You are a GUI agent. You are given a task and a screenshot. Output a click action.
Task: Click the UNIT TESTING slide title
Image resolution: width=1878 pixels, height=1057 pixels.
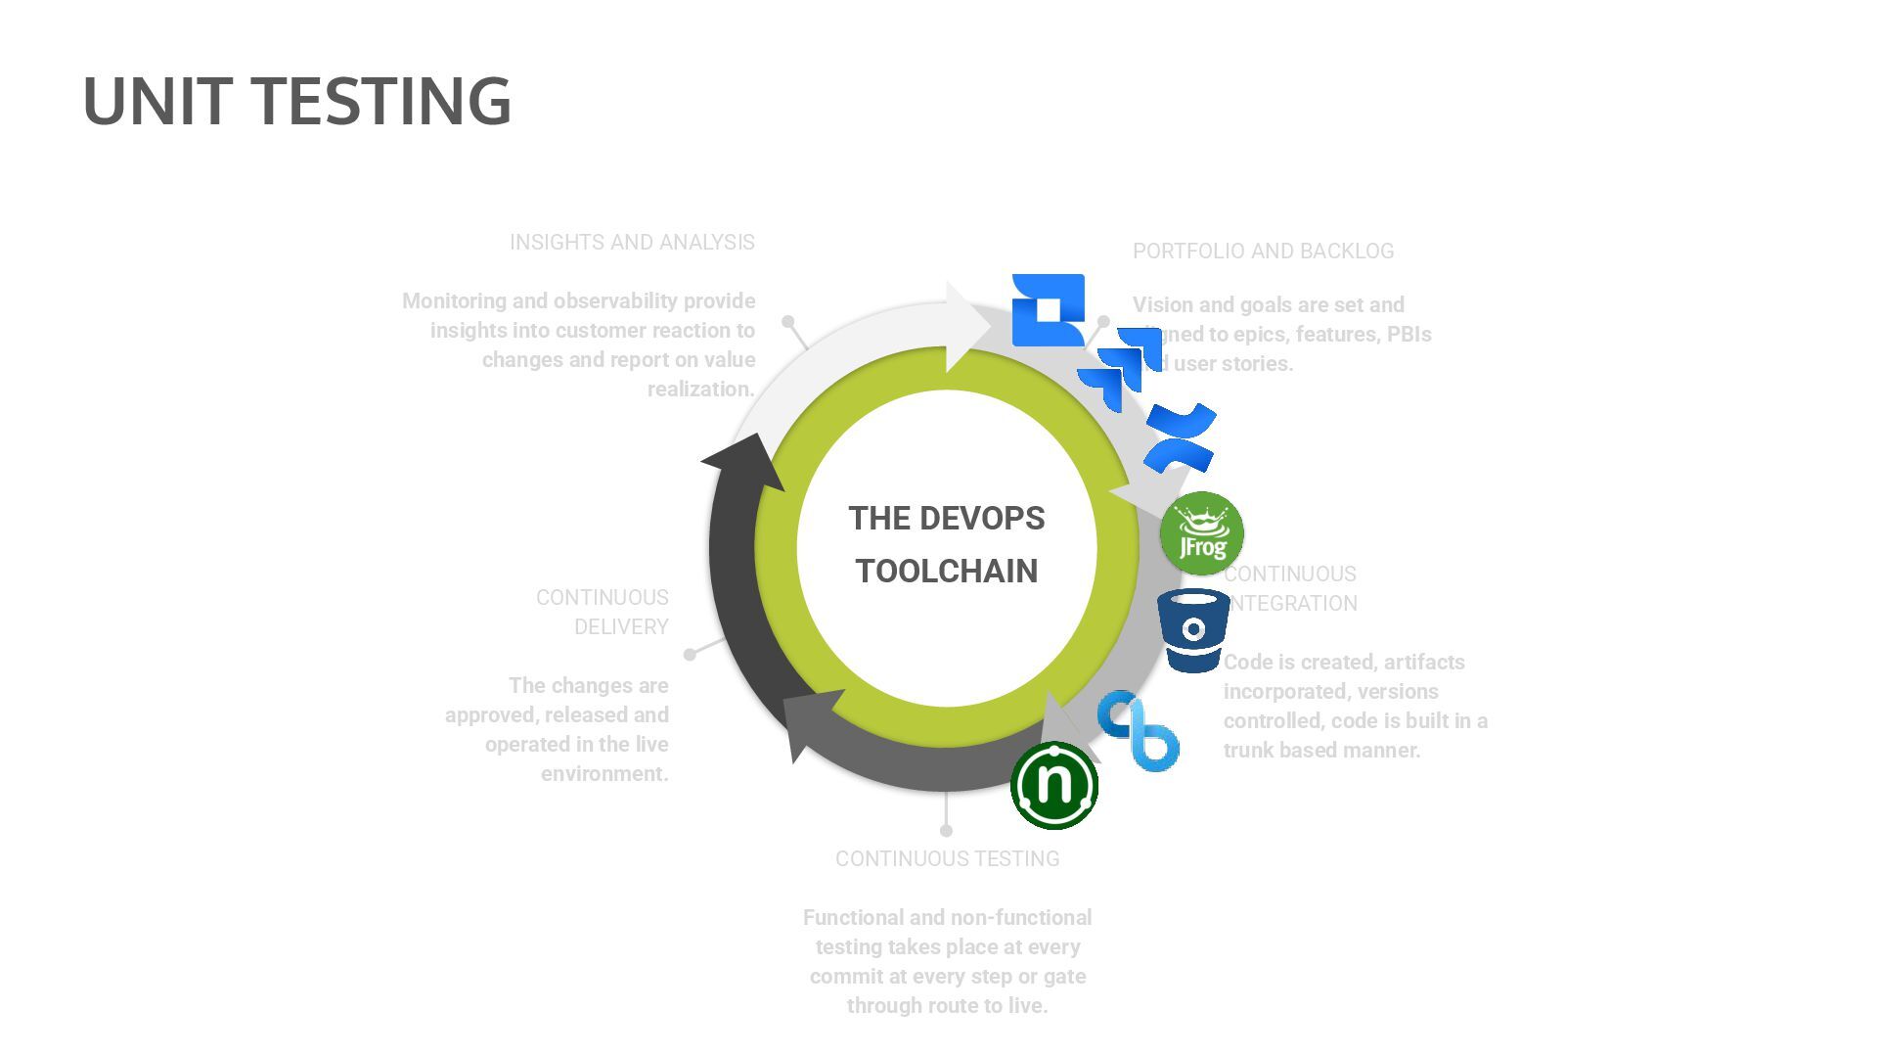coord(296,101)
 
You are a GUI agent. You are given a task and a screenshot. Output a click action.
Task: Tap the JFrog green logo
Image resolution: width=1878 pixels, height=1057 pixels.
coord(1201,533)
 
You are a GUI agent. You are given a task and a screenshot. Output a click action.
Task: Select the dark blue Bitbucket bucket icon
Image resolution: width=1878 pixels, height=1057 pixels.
coord(1193,630)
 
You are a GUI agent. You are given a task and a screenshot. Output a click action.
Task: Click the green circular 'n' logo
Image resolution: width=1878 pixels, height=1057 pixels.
coord(1054,785)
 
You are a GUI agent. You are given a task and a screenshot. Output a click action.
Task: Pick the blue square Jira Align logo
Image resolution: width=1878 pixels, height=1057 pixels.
coord(1048,309)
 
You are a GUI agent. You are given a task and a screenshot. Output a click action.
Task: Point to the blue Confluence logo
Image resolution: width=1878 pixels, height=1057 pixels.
coord(1181,437)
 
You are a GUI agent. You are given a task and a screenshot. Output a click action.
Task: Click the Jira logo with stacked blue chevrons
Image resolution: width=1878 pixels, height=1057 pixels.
coord(1121,368)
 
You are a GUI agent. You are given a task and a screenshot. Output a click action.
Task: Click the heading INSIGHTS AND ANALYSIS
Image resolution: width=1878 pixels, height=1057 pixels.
coord(632,243)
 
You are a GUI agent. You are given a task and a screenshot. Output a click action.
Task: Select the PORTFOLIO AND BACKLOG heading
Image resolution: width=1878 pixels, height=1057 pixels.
coord(1263,252)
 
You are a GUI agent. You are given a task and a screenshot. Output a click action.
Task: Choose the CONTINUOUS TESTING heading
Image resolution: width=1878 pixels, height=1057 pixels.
coord(947,859)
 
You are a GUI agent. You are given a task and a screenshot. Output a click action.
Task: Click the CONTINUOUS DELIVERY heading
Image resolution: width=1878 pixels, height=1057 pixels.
coord(603,612)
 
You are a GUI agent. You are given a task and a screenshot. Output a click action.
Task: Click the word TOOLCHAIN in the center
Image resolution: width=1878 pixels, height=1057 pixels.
coord(946,572)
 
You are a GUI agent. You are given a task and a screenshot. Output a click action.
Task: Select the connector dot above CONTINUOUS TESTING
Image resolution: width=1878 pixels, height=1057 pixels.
coord(946,831)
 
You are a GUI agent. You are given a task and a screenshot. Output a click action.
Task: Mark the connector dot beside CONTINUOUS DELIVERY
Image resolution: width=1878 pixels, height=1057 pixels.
coord(690,654)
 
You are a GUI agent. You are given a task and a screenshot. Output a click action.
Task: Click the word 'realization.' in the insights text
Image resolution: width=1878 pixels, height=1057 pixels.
coord(700,390)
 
